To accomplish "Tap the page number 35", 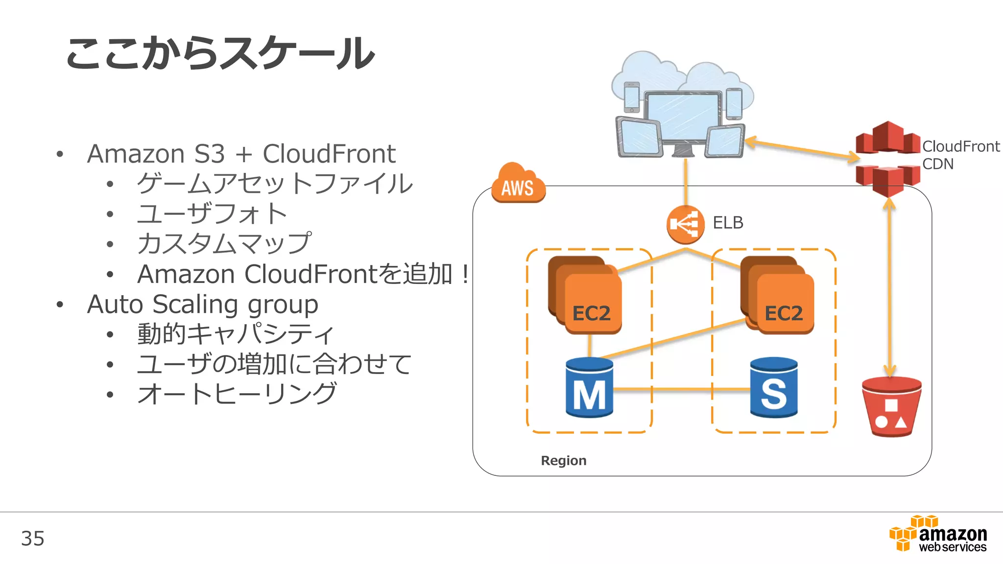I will tap(33, 539).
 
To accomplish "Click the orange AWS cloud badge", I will tap(518, 185).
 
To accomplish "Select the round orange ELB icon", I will tap(685, 225).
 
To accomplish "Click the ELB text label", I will tap(728, 223).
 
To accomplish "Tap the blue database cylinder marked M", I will tap(589, 388).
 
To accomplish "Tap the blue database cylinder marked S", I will tap(774, 388).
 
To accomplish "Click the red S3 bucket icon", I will tap(891, 406).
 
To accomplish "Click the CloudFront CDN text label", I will tap(960, 155).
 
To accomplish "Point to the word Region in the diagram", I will tap(563, 461).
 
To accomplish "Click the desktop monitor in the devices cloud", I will tap(683, 117).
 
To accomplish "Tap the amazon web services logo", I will tap(938, 535).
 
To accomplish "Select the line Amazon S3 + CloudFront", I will tap(241, 154).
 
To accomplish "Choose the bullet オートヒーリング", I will tap(237, 394).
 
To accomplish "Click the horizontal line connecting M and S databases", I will tap(681, 390).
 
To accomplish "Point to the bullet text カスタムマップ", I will tap(224, 244).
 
